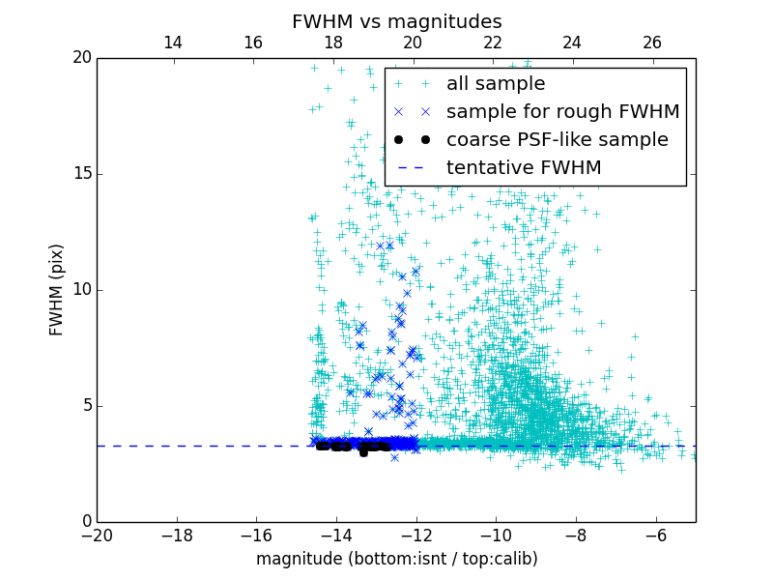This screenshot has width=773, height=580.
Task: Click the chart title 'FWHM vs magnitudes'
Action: [396, 21]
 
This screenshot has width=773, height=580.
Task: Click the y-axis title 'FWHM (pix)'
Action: [57, 290]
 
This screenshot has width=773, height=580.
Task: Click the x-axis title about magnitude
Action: [396, 559]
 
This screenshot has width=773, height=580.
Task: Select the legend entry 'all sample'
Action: [495, 84]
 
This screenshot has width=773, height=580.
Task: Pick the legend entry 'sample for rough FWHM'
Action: [562, 112]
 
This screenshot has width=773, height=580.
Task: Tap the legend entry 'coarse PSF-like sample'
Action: [557, 140]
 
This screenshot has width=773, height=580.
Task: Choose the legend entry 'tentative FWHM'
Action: [523, 168]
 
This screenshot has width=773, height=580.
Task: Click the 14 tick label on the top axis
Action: [173, 43]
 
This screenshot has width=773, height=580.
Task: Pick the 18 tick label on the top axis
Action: [332, 43]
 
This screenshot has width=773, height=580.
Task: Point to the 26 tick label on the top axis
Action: [652, 43]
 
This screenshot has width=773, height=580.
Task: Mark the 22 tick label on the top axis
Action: [493, 43]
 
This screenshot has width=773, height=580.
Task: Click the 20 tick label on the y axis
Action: [81, 58]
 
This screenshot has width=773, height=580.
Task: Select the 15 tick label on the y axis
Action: [81, 174]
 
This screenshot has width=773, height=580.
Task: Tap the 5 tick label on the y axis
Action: [85, 406]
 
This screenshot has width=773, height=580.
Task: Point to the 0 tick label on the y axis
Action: [85, 522]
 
